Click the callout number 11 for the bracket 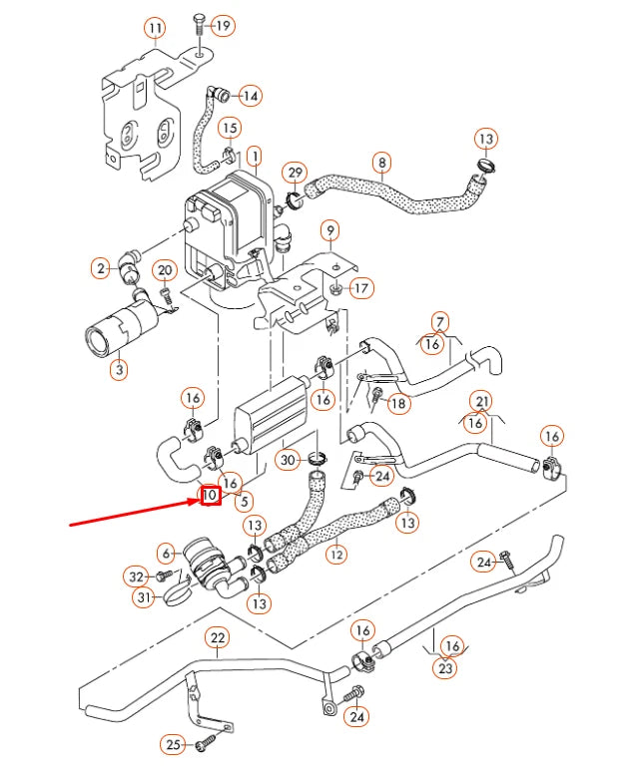coord(155,28)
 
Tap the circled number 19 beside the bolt coord(222,25)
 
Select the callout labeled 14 coord(249,97)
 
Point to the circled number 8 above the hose coord(381,162)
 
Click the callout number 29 coord(295,174)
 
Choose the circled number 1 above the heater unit coord(254,157)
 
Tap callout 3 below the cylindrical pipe coord(118,370)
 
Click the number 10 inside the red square coord(211,494)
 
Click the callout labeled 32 coord(137,576)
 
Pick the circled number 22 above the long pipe coord(218,638)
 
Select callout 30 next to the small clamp coord(288,460)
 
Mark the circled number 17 coord(360,289)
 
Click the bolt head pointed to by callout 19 coord(199,23)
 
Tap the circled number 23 coord(445,669)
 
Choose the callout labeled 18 coord(397,404)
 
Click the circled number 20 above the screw coord(166,270)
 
